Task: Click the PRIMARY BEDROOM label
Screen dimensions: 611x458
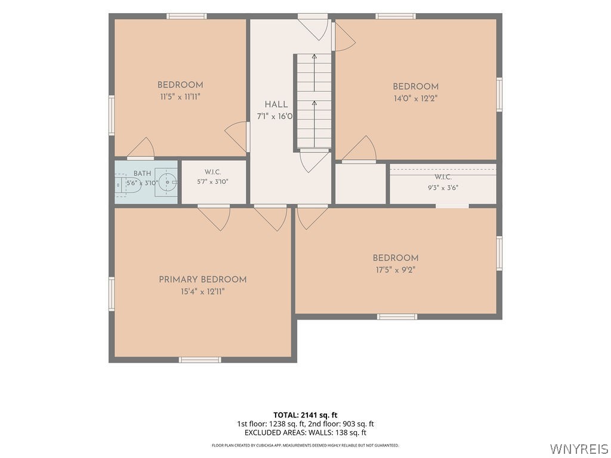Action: click(203, 279)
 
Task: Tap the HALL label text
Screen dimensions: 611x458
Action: click(276, 104)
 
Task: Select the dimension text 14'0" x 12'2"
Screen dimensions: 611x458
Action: click(415, 98)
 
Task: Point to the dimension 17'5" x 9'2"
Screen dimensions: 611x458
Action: click(396, 270)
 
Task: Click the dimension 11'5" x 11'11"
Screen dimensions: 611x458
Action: click(180, 97)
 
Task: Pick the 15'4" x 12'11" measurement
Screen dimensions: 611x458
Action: click(203, 291)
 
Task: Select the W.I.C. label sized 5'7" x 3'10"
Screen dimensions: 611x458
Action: click(213, 172)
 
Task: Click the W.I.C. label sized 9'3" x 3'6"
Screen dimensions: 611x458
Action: click(443, 177)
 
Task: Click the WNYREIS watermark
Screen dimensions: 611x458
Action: click(579, 448)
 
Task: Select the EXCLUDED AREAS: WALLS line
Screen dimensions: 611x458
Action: click(305, 432)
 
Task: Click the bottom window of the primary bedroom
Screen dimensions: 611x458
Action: click(200, 360)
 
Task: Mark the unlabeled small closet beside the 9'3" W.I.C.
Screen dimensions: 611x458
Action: click(360, 184)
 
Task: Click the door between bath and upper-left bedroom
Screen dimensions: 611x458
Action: click(141, 149)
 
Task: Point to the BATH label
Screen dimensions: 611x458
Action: click(142, 174)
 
